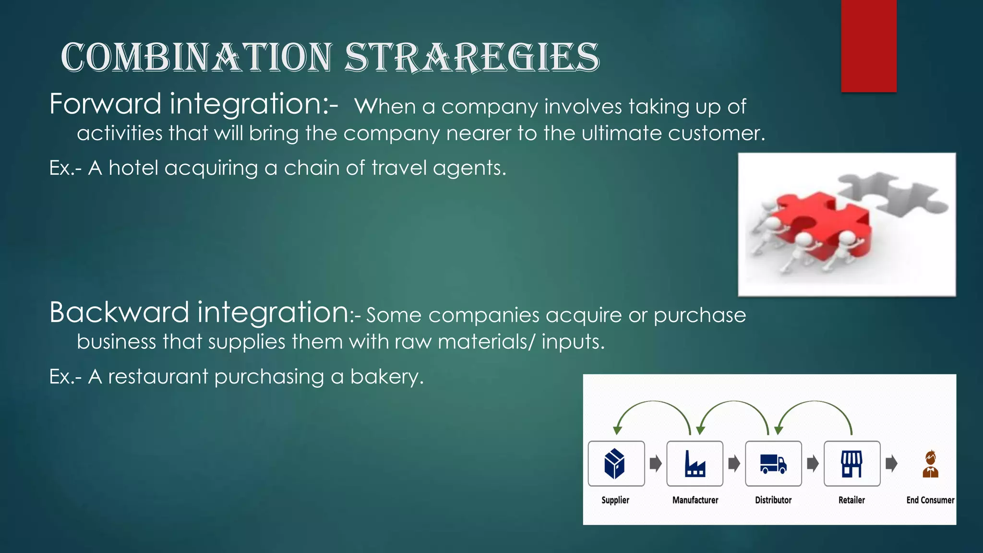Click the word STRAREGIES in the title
[x=472, y=58]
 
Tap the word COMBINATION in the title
[x=197, y=58]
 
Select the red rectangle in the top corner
[x=868, y=46]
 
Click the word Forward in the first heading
[x=105, y=104]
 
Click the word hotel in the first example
[x=133, y=168]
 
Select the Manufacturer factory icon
[x=695, y=464]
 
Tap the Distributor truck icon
[x=773, y=464]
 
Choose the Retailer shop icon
[x=851, y=464]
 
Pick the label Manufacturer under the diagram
[x=695, y=500]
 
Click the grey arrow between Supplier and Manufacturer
[x=656, y=464]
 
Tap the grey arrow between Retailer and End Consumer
[x=891, y=464]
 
